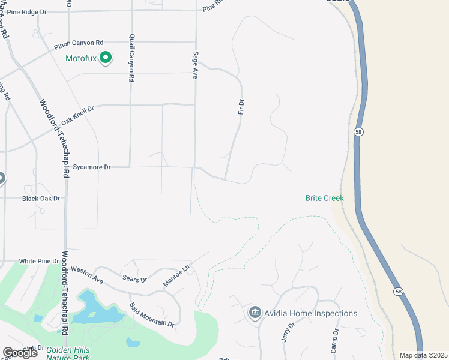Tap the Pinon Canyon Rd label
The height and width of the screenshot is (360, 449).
(79, 43)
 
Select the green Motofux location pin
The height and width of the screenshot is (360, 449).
(106, 58)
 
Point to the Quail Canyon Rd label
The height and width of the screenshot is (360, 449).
(132, 58)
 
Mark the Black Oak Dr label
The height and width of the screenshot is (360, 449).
(41, 199)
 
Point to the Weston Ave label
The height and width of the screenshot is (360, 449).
(87, 275)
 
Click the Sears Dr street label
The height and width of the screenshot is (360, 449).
(134, 280)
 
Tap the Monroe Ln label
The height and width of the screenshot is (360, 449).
(176, 276)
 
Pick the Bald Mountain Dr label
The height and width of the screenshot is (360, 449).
(151, 314)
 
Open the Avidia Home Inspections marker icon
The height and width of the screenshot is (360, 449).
(255, 313)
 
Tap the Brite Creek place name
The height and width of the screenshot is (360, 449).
(324, 198)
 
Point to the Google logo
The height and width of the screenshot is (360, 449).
(20, 353)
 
